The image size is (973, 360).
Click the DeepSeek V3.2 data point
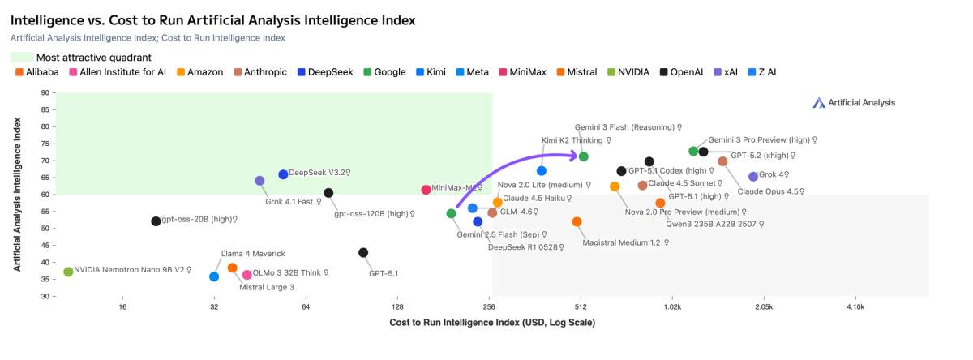pyautogui.click(x=283, y=174)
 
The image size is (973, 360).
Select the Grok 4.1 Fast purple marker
pyautogui.click(x=259, y=181)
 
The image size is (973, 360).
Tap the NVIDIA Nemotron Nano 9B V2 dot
pyautogui.click(x=68, y=272)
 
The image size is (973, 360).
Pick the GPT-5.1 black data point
pyautogui.click(x=363, y=253)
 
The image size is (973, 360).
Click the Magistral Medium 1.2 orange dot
pyautogui.click(x=577, y=221)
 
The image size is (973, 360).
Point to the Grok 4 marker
pyautogui.click(x=753, y=176)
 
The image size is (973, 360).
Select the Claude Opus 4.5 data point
pyautogui.click(x=722, y=161)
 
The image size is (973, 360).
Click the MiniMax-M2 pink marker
pyautogui.click(x=426, y=190)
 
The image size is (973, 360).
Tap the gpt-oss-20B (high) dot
pyautogui.click(x=156, y=221)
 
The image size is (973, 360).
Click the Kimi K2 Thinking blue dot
pyautogui.click(x=542, y=170)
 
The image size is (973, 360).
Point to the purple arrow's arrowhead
pyautogui.click(x=574, y=155)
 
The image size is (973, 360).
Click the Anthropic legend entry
pyautogui.click(x=259, y=72)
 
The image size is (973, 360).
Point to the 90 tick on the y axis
pyautogui.click(x=44, y=92)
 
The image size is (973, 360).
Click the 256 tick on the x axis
pyautogui.click(x=489, y=307)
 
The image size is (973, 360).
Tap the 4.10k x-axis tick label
pyautogui.click(x=855, y=307)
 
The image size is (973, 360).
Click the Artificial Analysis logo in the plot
pyautogui.click(x=854, y=102)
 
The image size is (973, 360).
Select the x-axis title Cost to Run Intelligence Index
pyautogui.click(x=492, y=323)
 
